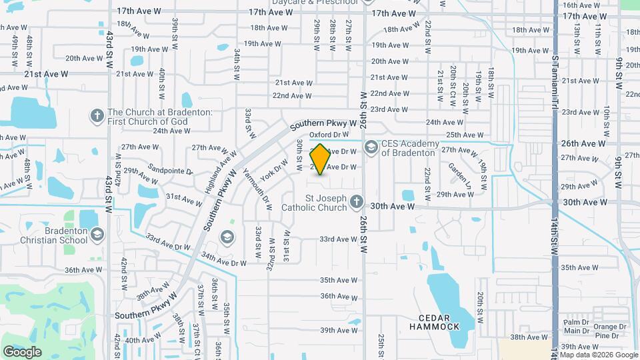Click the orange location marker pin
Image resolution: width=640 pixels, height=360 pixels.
coord(320,160)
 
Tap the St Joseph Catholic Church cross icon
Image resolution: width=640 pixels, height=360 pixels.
coord(357,201)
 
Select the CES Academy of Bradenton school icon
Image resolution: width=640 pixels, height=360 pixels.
coord(371,145)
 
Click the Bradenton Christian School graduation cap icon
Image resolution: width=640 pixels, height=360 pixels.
coord(98,234)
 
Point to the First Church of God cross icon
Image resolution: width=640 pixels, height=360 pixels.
coord(97,116)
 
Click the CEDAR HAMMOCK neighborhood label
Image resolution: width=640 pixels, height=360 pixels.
coord(439,322)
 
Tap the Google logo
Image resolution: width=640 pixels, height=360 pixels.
coord(23,351)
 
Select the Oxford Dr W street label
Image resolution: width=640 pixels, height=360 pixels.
coord(329,135)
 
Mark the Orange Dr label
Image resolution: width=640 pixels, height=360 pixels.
coord(610,327)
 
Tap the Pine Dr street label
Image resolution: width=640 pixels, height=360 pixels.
coord(607,335)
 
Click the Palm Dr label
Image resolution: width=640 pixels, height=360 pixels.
coord(576,322)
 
